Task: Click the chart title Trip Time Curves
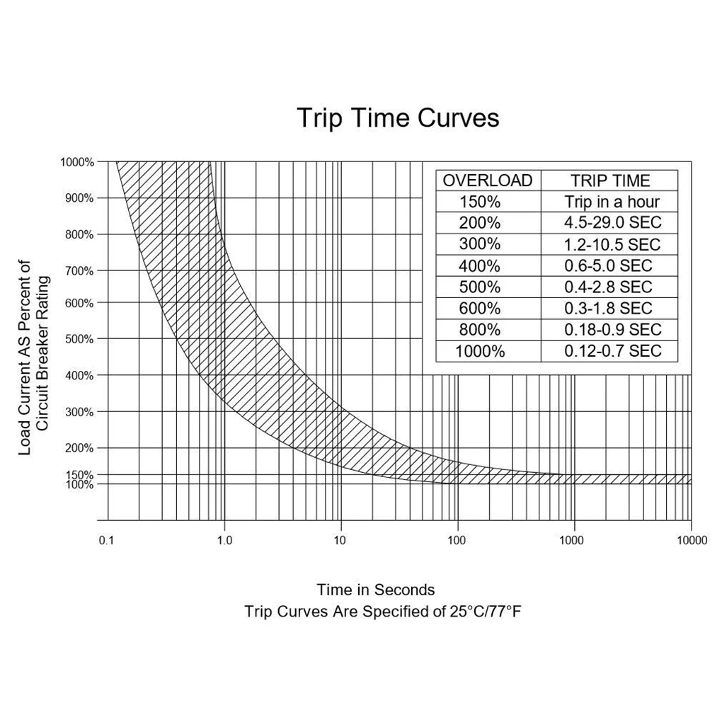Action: click(x=397, y=118)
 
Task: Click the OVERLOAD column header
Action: click(x=488, y=180)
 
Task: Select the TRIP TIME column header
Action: click(x=610, y=180)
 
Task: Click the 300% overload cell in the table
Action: click(x=480, y=244)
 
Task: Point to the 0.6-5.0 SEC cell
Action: click(x=608, y=266)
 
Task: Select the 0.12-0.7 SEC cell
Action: click(x=612, y=351)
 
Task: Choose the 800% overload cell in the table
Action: click(x=480, y=330)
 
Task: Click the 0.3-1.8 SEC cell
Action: click(x=608, y=309)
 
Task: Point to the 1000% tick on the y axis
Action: click(x=77, y=162)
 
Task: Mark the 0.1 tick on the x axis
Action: click(x=107, y=541)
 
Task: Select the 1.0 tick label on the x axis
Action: click(x=224, y=541)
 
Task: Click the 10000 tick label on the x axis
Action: click(x=692, y=541)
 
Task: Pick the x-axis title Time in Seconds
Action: click(x=376, y=590)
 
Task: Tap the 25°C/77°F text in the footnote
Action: click(x=485, y=612)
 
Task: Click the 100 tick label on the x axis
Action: click(x=457, y=541)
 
